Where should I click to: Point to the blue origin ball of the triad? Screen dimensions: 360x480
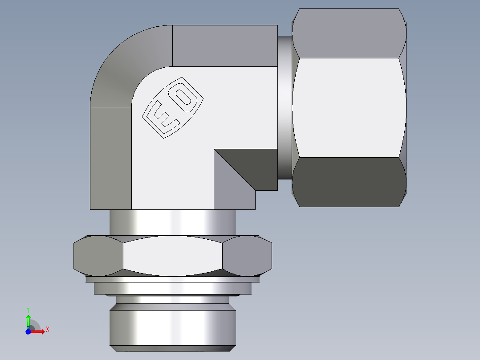(28, 331)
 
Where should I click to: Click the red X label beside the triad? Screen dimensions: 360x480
(47, 330)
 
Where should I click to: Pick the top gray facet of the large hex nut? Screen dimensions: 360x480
(350, 33)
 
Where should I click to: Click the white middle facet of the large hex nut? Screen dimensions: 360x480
(350, 107)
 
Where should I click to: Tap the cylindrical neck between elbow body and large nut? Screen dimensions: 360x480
(285, 107)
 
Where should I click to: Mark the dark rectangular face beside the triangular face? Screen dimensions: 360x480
(254, 165)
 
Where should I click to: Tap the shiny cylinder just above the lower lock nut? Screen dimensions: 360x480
(173, 222)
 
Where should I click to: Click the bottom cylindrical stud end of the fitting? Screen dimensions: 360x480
(173, 327)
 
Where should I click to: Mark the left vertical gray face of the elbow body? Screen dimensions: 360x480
(110, 158)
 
